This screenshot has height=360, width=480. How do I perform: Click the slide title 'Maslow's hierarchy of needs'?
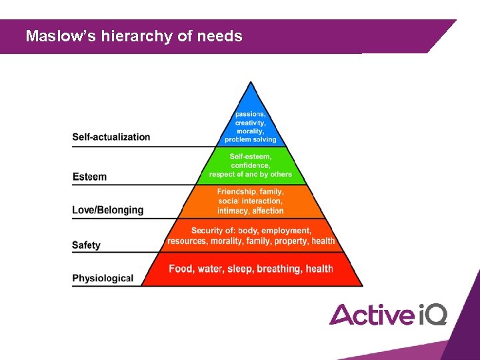pos(133,36)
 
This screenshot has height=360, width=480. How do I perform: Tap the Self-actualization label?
pos(111,137)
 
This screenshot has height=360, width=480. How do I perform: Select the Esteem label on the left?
pos(89,177)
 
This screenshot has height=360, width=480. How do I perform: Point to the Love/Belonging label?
pos(107,210)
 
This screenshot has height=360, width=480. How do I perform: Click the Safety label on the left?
pos(86,245)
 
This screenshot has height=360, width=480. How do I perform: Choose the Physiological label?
pos(103,278)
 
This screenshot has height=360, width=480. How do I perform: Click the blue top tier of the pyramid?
pos(251,120)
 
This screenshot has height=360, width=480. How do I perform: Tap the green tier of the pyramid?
pos(251,165)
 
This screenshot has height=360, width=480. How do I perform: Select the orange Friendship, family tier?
pos(251,201)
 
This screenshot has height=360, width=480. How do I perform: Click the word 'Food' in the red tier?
pos(181,269)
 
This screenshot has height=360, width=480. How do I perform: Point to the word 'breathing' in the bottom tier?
pos(279,269)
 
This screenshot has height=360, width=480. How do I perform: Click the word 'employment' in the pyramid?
pos(287,231)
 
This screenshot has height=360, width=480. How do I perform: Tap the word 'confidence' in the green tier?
pos(251,165)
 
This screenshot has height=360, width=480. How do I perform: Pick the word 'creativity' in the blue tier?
pos(251,123)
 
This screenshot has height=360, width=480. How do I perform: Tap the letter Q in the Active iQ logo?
pos(436,314)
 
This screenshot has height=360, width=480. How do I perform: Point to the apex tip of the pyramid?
pos(251,83)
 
